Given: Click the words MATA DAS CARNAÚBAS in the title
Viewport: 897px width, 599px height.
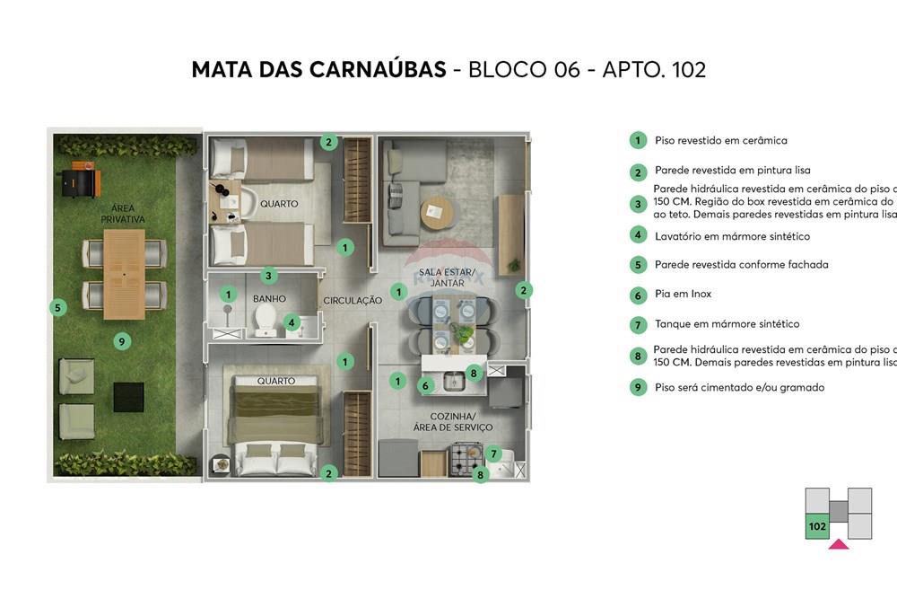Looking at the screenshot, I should point(318,70).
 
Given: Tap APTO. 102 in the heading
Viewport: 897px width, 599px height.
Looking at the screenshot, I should point(654,70).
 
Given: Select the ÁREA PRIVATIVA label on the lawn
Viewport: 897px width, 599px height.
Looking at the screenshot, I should point(123,212).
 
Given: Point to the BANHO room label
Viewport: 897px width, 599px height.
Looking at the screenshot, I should point(268,298).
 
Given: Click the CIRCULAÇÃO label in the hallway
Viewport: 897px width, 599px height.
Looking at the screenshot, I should point(353,301).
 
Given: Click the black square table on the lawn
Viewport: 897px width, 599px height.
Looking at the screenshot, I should point(128,396).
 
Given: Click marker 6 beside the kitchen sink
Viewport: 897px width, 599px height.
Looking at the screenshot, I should point(427,385).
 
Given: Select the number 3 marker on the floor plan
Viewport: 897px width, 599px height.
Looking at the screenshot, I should point(267,276).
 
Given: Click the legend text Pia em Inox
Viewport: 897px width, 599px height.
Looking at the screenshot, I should point(683,295).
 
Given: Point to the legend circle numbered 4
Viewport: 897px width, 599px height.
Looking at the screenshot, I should point(638,235).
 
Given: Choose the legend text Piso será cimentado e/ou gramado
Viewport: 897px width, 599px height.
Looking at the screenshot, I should point(739,388).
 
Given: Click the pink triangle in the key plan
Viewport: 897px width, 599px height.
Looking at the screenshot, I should point(839,543).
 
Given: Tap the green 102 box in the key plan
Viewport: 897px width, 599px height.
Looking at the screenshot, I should point(817,526).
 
